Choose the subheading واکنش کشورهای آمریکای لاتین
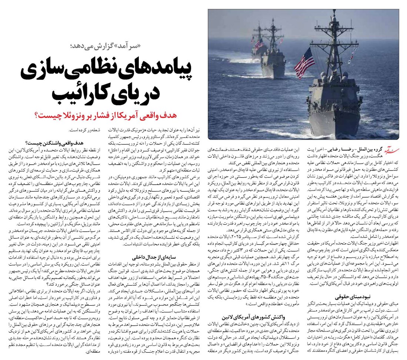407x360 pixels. coord(246,317)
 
